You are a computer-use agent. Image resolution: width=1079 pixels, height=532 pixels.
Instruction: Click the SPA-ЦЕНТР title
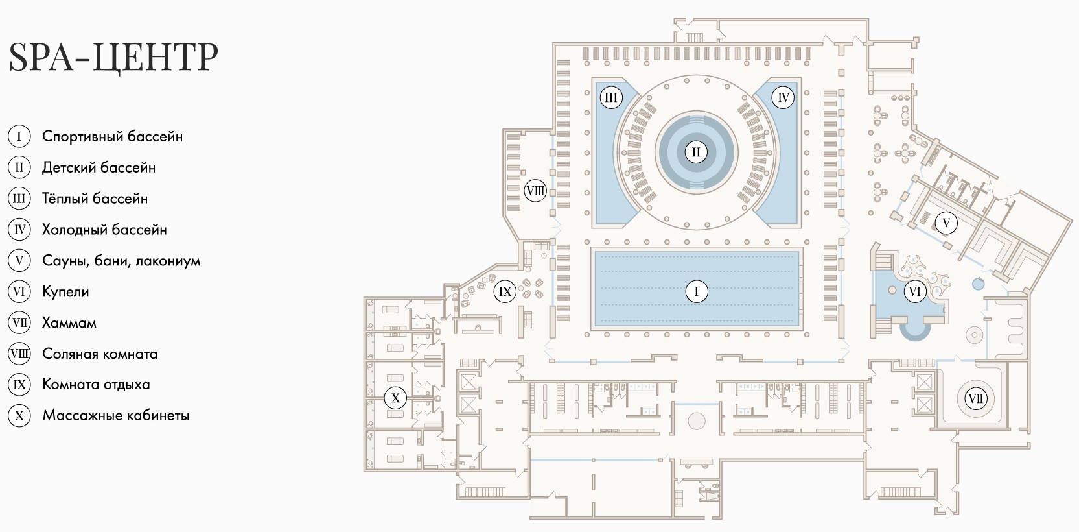click(113, 56)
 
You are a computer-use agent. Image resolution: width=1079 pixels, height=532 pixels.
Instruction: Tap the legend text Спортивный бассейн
click(112, 136)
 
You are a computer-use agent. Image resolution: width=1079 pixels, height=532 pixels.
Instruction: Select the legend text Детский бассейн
click(99, 167)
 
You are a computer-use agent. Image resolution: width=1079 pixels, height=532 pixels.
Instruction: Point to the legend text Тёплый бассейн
click(95, 199)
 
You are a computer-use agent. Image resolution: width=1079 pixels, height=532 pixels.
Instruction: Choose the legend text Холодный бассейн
click(104, 230)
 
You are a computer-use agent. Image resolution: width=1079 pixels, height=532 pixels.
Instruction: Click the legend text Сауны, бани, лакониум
click(121, 261)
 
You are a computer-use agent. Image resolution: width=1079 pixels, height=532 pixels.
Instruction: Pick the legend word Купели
click(65, 292)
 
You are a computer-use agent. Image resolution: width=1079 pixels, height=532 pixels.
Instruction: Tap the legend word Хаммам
click(69, 322)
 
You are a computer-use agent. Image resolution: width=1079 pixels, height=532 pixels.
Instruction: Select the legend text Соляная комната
click(100, 354)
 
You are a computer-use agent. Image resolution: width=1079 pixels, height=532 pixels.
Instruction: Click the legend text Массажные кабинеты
click(116, 415)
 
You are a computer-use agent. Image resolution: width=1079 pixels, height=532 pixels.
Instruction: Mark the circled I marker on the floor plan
click(697, 291)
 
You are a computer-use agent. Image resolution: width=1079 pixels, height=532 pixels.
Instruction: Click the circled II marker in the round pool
click(696, 152)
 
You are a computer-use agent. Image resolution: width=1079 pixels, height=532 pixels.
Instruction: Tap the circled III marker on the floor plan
click(610, 98)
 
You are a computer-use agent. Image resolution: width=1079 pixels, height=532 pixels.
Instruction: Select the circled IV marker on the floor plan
click(783, 98)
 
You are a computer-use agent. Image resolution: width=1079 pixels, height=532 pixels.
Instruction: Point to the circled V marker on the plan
click(946, 223)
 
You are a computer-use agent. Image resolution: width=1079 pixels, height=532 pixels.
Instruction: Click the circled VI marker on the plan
click(914, 291)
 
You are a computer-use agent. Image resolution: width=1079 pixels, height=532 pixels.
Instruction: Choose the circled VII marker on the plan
click(975, 398)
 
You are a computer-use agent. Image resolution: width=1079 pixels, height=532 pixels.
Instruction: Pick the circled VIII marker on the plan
click(535, 191)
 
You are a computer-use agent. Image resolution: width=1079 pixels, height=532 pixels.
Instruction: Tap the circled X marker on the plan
click(395, 398)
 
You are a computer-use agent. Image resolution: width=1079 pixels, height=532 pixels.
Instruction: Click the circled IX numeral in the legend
click(19, 384)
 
